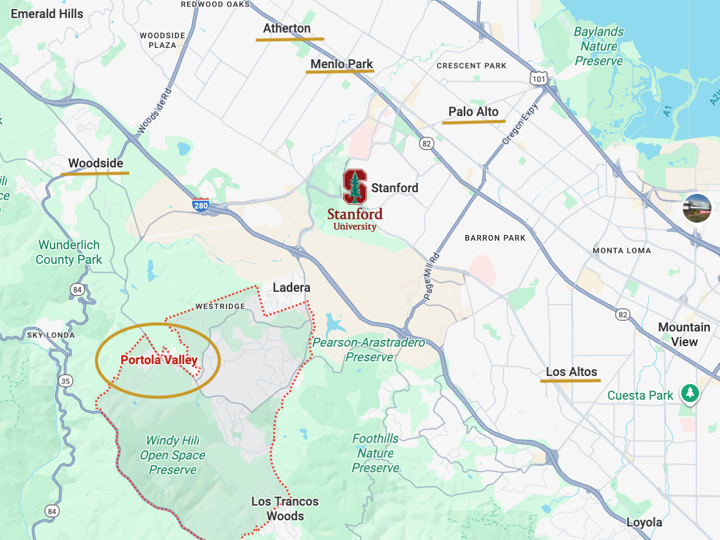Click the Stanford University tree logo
(355, 187)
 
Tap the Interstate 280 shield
(201, 205)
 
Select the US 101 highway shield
(539, 78)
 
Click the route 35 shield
(65, 381)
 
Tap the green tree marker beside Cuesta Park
(690, 393)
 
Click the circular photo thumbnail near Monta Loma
(697, 208)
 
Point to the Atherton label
(287, 28)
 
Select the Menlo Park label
(341, 64)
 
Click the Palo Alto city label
(473, 112)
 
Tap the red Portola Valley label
(159, 360)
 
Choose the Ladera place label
(291, 287)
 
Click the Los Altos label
(571, 371)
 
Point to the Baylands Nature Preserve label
(599, 46)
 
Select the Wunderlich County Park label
(69, 252)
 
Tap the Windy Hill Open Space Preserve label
(172, 455)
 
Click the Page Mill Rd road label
(431, 276)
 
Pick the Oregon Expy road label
(521, 123)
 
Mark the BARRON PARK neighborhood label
(495, 238)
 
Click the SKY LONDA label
(51, 335)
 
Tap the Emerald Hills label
(47, 14)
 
